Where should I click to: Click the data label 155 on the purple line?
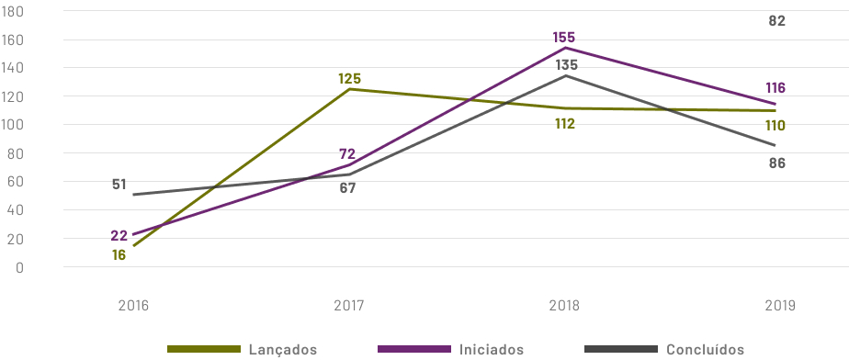point(564,38)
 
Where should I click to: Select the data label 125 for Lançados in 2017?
point(349,79)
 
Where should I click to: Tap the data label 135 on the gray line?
point(566,65)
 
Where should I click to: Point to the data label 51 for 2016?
point(119,184)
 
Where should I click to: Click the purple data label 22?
point(119,236)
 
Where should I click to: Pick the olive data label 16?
point(119,254)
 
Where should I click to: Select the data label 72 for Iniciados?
point(346,154)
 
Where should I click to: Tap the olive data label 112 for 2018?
point(564,123)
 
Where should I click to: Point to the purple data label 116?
point(776,88)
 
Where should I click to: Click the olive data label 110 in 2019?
point(776,125)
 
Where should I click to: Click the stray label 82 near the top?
point(777,20)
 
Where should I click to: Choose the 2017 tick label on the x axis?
point(348,305)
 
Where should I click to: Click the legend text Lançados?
point(283,350)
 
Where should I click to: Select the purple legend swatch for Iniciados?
point(413,350)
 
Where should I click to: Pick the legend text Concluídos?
point(705,350)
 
